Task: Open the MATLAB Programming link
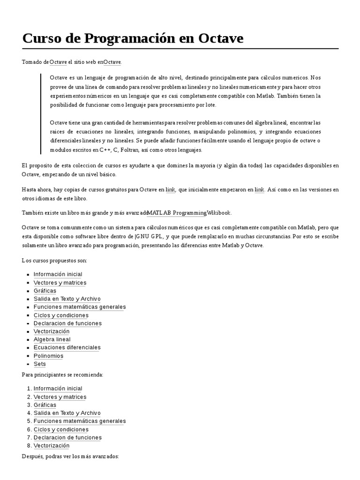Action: click(177, 213)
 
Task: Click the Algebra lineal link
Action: click(52, 339)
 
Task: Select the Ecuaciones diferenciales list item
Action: click(67, 347)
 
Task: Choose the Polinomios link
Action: click(48, 356)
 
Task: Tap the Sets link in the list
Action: click(40, 364)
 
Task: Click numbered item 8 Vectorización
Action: click(52, 445)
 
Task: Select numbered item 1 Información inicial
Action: click(58, 389)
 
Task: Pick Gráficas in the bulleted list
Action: click(45, 291)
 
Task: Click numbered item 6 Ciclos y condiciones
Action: click(61, 429)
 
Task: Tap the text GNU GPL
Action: click(150, 236)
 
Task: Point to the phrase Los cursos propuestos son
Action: click(54, 261)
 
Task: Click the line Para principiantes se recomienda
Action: click(62, 375)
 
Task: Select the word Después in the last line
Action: click(33, 456)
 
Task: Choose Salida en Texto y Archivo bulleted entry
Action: click(67, 299)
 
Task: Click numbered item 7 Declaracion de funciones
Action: click(67, 437)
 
